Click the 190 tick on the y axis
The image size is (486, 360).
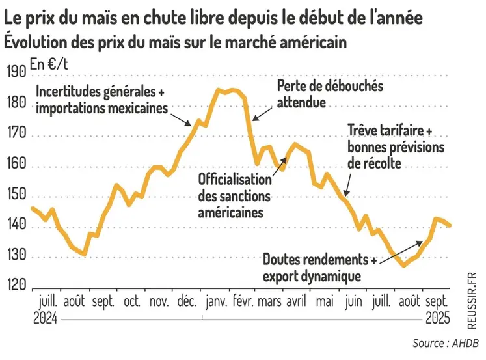point(16,72)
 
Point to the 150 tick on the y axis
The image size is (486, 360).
point(16,196)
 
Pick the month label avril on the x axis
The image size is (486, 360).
point(296,302)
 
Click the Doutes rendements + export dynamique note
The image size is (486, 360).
point(319,268)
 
